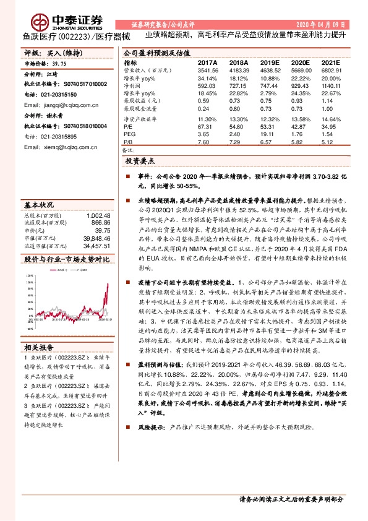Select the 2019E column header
click(x=270, y=63)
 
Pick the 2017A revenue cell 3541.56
click(x=207, y=71)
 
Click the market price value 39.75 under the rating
click(x=59, y=64)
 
